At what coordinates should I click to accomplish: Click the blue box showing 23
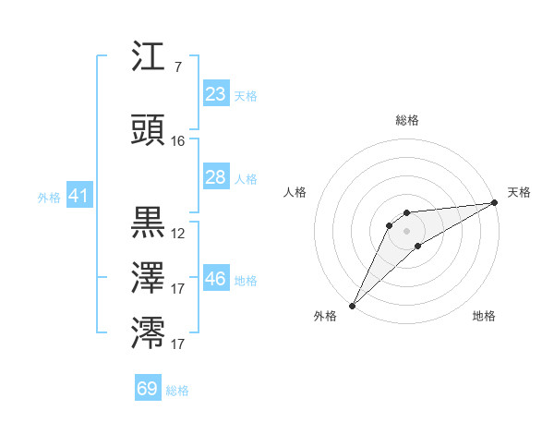tap(215, 93)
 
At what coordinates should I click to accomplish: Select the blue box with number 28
tap(215, 177)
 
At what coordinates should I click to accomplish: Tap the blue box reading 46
tap(215, 279)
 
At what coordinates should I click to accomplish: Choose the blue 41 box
tap(78, 196)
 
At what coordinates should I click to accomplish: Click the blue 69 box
tap(148, 389)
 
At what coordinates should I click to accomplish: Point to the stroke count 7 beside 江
tap(177, 67)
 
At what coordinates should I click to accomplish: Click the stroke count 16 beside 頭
tap(178, 141)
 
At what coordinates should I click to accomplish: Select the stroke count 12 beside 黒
tap(178, 234)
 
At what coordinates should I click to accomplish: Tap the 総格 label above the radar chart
tap(406, 120)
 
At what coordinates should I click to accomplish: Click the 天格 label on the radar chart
tap(519, 192)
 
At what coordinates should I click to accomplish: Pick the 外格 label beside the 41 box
tap(48, 198)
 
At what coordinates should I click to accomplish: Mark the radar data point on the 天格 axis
tap(495, 203)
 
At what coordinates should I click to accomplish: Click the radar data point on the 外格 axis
tap(352, 305)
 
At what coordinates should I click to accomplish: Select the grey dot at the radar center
tap(406, 230)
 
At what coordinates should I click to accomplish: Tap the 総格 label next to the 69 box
tap(177, 391)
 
